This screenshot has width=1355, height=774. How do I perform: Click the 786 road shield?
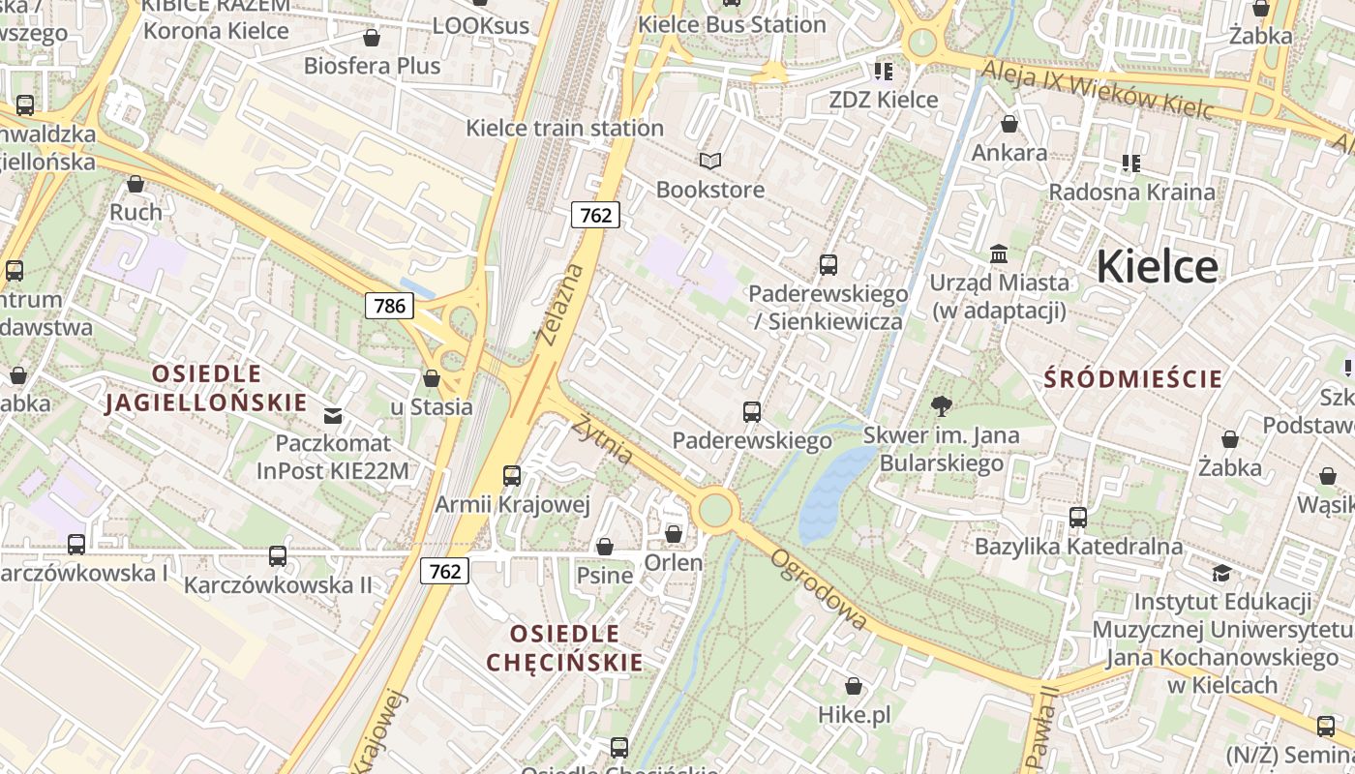click(389, 306)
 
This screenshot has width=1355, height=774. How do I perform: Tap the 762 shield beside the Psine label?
click(444, 571)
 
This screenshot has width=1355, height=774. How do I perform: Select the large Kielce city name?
click(1157, 266)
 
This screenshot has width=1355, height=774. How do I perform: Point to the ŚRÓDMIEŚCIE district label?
click(1132, 378)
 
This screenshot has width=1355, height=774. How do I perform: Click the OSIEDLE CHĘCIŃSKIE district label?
click(564, 647)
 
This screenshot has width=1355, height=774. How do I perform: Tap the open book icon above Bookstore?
click(710, 161)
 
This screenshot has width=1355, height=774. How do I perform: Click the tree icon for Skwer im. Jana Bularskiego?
click(941, 406)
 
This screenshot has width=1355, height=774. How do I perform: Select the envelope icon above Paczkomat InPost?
click(333, 416)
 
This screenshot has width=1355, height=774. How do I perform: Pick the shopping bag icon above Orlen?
click(674, 534)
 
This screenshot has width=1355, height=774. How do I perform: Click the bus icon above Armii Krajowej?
click(512, 475)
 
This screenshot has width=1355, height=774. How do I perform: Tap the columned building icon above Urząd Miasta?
click(999, 253)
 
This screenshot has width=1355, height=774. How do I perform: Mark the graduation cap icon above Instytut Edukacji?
click(1221, 573)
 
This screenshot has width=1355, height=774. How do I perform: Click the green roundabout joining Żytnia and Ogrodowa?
click(715, 510)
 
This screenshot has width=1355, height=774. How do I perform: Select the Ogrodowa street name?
click(819, 589)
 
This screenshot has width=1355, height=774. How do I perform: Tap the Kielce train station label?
click(564, 128)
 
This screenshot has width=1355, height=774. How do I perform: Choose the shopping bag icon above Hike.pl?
click(854, 686)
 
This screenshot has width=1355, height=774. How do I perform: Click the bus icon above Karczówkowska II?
click(278, 555)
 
